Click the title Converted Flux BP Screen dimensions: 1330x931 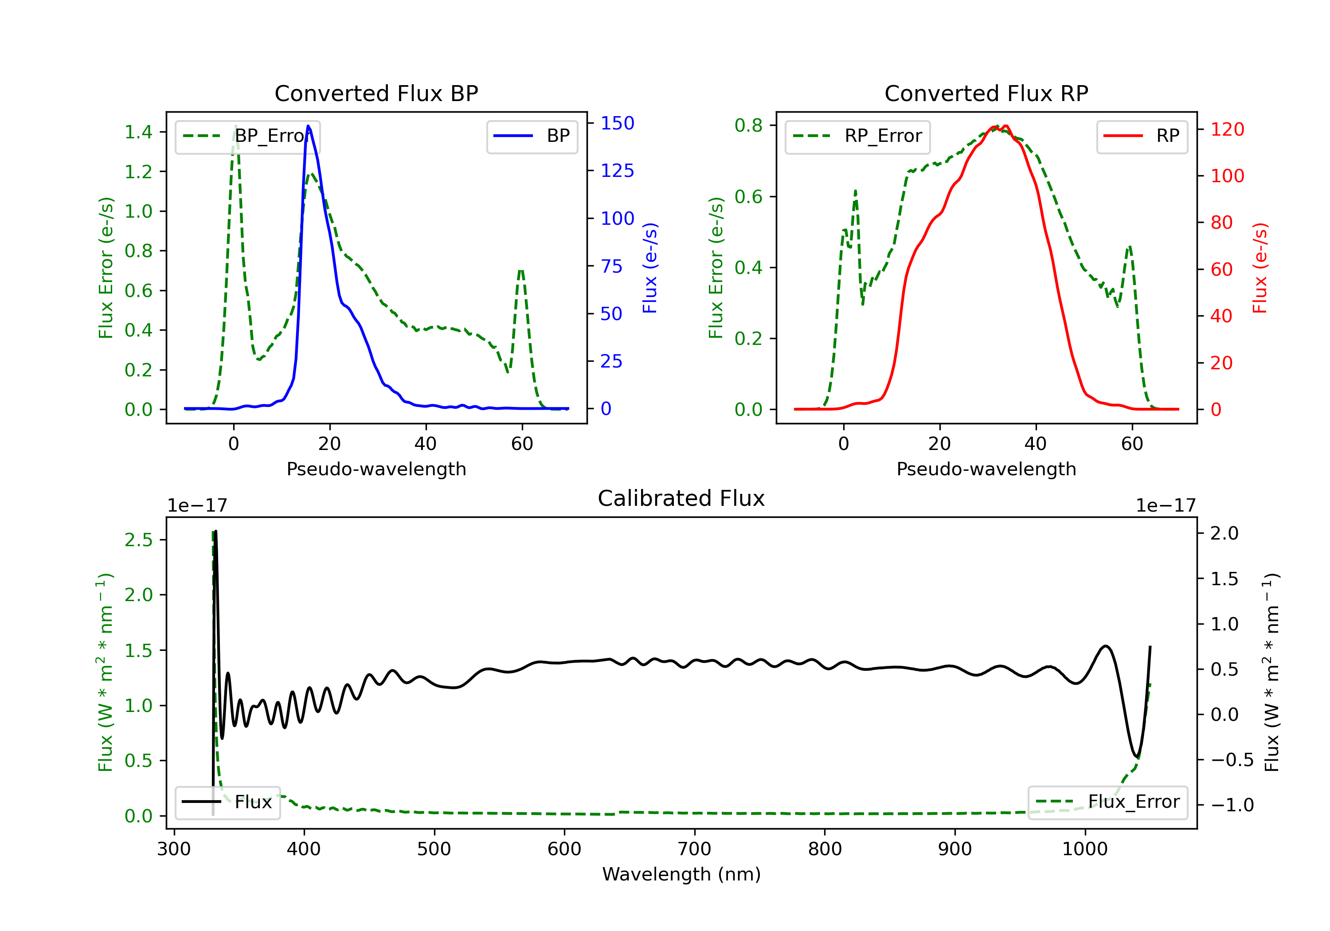(x=376, y=93)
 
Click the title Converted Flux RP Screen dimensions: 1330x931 (x=986, y=93)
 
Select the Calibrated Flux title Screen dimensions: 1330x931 (x=681, y=498)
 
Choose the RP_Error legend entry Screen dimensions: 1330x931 (x=857, y=136)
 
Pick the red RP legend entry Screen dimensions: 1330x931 (x=1142, y=136)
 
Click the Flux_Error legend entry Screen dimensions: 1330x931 (x=1107, y=802)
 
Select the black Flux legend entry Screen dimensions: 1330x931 (x=228, y=802)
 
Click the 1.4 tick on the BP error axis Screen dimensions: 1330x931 (x=138, y=132)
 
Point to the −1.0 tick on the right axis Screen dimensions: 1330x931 (x=1232, y=805)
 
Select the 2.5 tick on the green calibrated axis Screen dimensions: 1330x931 (x=138, y=540)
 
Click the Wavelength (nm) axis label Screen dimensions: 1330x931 (x=681, y=874)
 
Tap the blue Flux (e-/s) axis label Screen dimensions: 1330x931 (x=650, y=268)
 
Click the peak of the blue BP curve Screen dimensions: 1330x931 (x=308, y=126)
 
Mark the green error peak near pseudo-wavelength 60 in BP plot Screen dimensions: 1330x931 (x=521, y=270)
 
